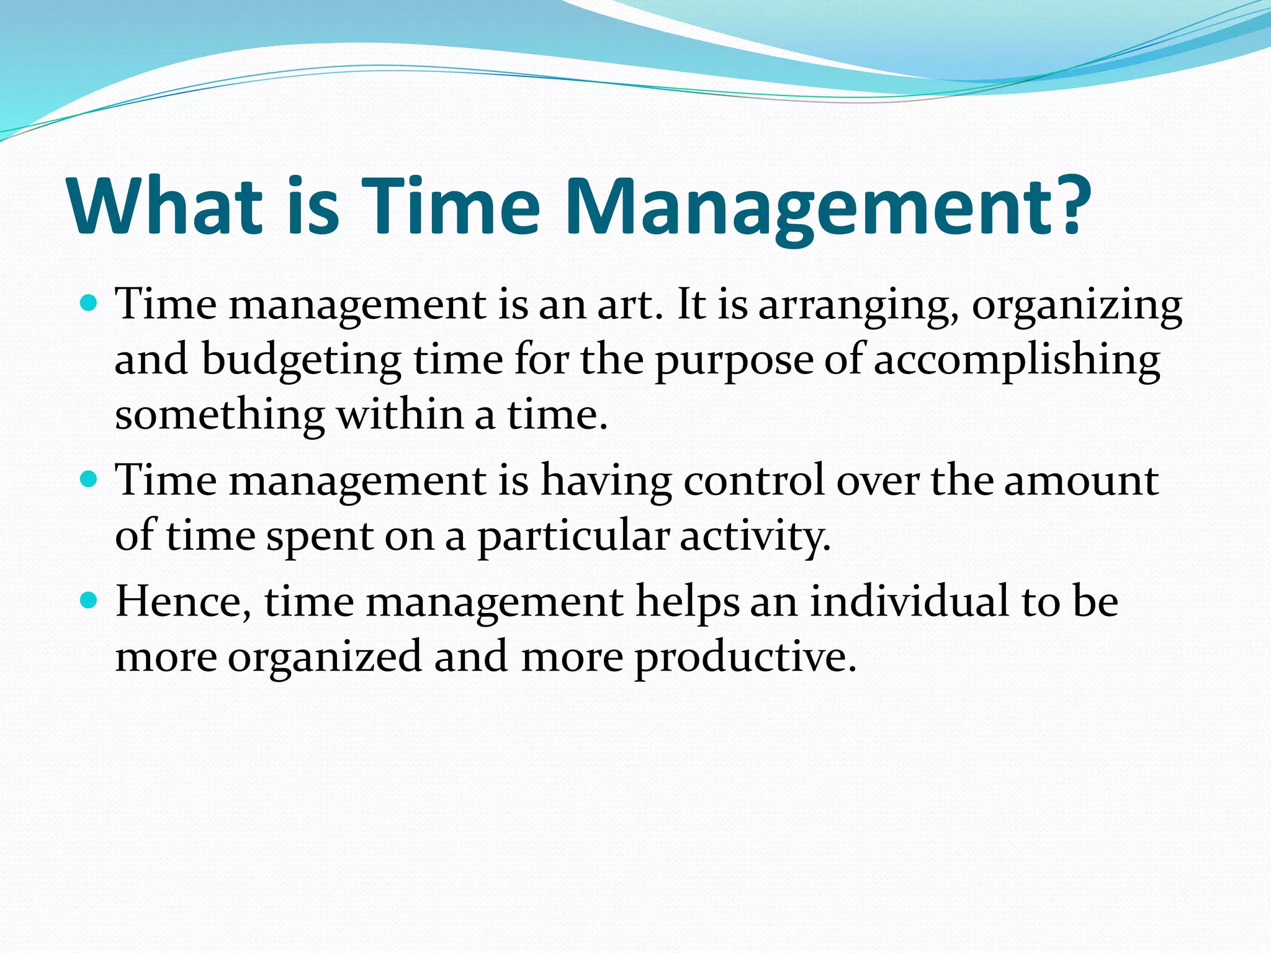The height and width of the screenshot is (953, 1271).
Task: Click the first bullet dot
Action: pos(89,304)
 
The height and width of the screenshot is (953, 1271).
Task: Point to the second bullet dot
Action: pos(89,480)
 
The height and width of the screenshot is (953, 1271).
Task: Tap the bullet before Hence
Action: pos(89,601)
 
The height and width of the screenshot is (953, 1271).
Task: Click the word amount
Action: pos(1081,481)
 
